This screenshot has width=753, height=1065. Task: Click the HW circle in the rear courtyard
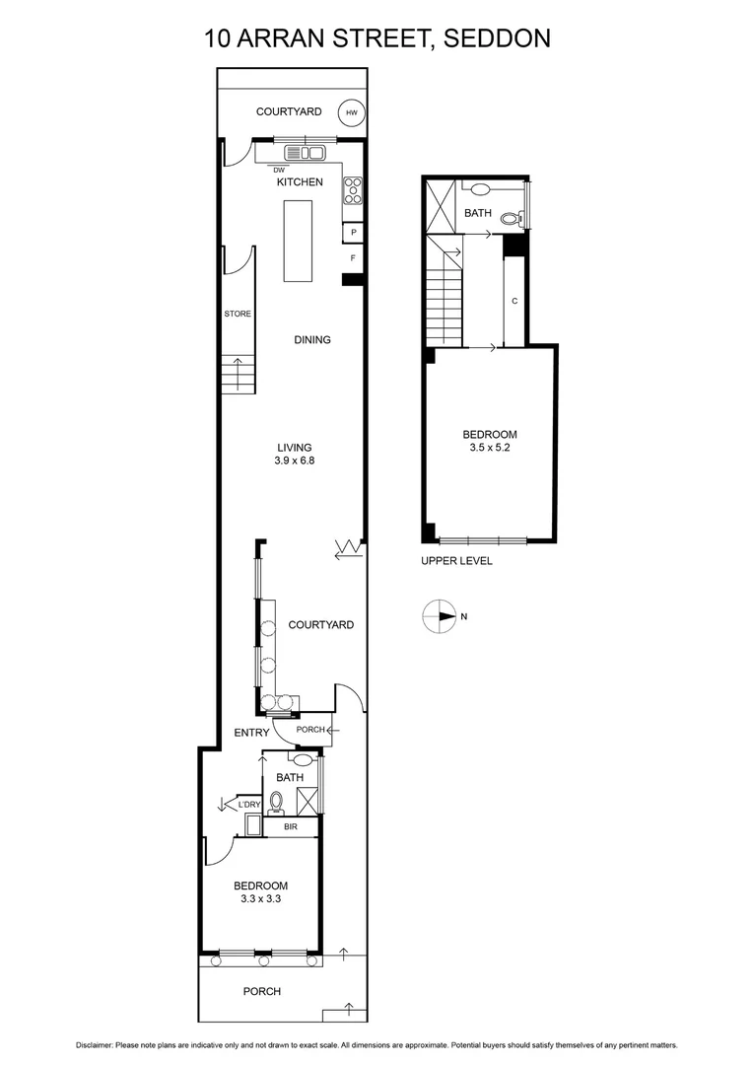(351, 113)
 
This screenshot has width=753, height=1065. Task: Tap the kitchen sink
(305, 153)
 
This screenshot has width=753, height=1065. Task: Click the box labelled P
(353, 233)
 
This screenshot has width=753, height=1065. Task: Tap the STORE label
(238, 314)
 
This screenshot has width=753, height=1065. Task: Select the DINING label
(312, 339)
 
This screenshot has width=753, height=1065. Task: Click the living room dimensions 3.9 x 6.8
(295, 460)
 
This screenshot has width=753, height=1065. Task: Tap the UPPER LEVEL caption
(456, 561)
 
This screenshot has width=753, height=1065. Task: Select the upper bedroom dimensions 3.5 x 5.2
(490, 447)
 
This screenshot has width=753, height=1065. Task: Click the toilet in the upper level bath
(511, 218)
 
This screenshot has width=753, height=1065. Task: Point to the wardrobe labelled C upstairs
(513, 302)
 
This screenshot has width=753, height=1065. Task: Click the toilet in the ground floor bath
(275, 805)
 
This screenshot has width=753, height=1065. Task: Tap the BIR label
(291, 826)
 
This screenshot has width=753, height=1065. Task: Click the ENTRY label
(250, 733)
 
